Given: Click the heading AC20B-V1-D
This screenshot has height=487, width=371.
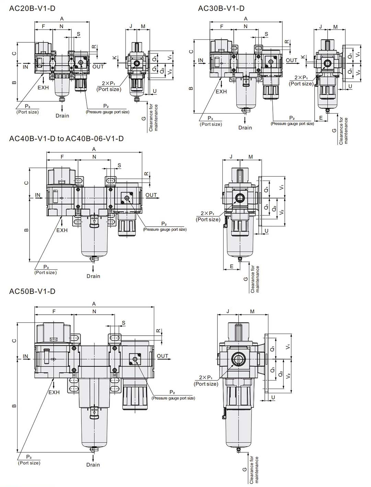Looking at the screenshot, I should [32, 8].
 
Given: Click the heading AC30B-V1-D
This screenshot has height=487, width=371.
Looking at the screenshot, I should [221, 8].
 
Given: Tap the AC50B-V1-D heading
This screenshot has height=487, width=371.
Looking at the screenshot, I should [32, 291].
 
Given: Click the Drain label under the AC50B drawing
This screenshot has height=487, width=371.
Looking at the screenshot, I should [93, 465].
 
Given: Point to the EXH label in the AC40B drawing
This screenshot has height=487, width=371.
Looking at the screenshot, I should [62, 230].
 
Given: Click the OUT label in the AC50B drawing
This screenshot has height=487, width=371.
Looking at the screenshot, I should [163, 356].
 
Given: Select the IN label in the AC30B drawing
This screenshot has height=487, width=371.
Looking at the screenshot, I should [201, 60].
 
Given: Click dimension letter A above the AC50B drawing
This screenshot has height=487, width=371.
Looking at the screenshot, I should [94, 304].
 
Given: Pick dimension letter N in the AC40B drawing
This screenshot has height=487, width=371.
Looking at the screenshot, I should [94, 157].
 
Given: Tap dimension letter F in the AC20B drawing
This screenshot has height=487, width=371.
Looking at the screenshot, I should [43, 26].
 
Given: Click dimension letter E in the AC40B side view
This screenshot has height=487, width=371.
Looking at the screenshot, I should [232, 266].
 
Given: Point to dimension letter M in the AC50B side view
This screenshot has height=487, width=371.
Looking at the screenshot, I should [252, 312].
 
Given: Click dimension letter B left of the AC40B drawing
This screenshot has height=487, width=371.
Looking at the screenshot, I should [26, 230].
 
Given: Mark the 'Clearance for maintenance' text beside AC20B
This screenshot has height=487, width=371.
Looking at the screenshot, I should [154, 118].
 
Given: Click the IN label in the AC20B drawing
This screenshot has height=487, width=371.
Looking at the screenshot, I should [26, 67].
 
